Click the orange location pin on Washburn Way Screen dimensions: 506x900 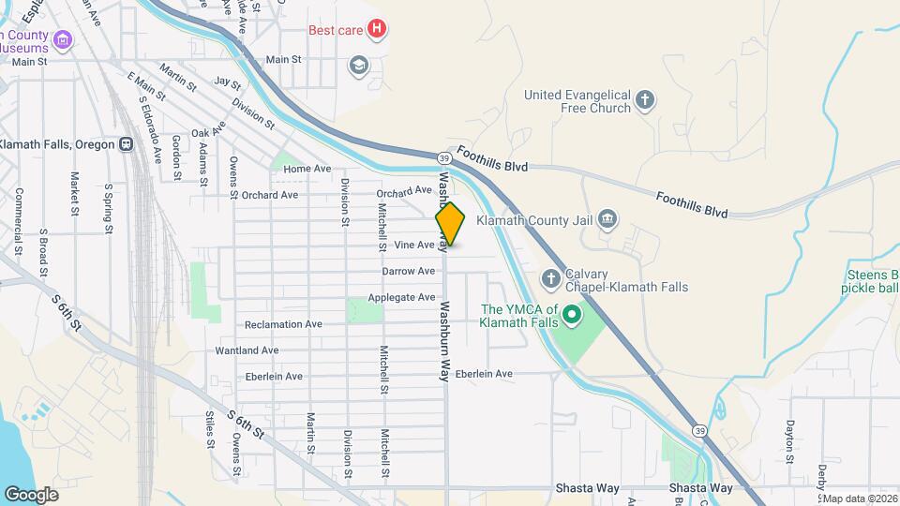click(x=450, y=224)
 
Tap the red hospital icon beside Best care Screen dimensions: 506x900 click(x=376, y=29)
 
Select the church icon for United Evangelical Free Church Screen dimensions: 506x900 click(x=644, y=100)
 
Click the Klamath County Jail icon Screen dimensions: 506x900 click(x=607, y=220)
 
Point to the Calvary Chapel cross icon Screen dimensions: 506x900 click(x=551, y=279)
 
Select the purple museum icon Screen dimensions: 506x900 click(x=63, y=39)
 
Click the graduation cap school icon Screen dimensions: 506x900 click(x=357, y=65)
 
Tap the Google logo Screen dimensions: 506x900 click(x=32, y=494)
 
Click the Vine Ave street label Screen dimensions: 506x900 click(x=414, y=245)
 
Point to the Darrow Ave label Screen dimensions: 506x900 click(x=409, y=271)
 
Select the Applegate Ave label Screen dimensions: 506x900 click(x=401, y=297)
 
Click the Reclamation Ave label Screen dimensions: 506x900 click(x=283, y=324)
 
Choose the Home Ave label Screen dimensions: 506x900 click(x=307, y=169)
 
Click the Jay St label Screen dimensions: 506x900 click(x=228, y=82)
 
